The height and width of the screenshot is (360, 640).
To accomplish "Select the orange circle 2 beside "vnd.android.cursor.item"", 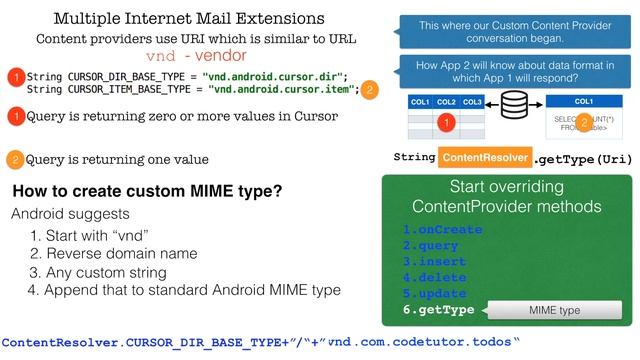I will pyautogui.click(x=371, y=89).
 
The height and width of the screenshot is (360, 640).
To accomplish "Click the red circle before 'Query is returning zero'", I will pyautogui.click(x=14, y=117).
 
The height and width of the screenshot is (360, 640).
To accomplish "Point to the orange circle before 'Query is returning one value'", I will pyautogui.click(x=14, y=160).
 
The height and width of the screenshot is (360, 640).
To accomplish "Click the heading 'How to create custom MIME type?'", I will pyautogui.click(x=146, y=192).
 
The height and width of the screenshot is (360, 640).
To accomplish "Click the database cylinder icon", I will pyautogui.click(x=515, y=104).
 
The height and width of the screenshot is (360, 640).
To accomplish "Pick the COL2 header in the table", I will pyautogui.click(x=447, y=102).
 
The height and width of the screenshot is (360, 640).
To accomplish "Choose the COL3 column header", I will pyautogui.click(x=472, y=102).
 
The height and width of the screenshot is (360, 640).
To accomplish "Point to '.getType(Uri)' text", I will pyautogui.click(x=583, y=158).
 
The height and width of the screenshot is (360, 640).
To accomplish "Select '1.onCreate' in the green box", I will pyautogui.click(x=442, y=229).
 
